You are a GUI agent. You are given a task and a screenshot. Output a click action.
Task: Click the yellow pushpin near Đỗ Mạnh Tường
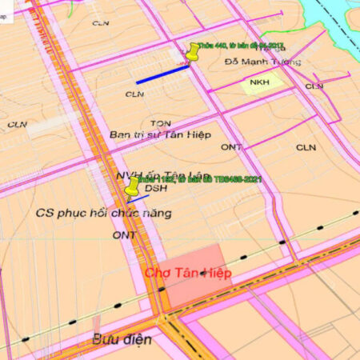click(193, 53)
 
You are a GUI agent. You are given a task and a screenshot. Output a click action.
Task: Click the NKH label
click(259, 82)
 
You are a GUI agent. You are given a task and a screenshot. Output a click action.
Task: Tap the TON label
click(161, 123)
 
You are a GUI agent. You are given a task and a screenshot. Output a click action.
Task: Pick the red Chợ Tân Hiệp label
click(188, 274)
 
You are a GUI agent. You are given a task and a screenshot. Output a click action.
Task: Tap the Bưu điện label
click(120, 339)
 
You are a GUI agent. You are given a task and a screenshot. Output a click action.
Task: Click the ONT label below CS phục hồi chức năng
click(124, 235)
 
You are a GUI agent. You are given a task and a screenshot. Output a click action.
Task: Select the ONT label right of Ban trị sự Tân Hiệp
click(231, 147)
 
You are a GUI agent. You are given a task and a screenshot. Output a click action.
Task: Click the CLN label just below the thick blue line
click(134, 94)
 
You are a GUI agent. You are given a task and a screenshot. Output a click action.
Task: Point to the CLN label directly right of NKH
click(314, 86)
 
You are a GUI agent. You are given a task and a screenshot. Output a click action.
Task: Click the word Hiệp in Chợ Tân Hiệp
click(213, 274)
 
